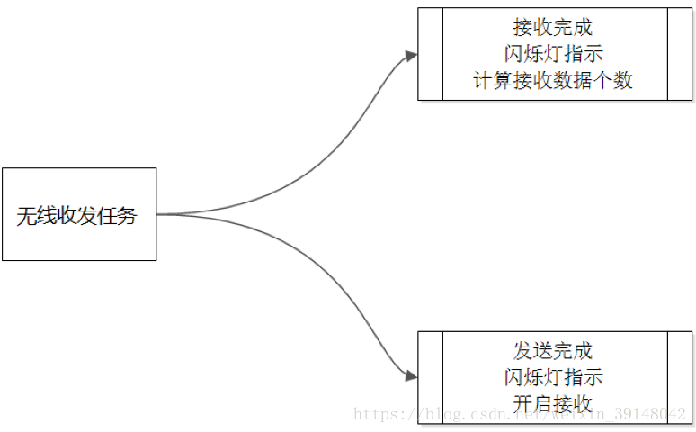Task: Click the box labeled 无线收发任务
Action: click(x=79, y=214)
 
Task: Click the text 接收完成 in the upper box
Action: click(x=553, y=28)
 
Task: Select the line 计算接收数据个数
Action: click(x=553, y=80)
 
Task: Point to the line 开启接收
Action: click(x=553, y=403)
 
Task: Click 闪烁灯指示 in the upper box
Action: click(x=553, y=54)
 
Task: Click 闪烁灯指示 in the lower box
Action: click(x=553, y=377)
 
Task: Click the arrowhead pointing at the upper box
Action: click(x=412, y=56)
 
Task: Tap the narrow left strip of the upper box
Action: click(x=431, y=54)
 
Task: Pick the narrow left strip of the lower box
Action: click(x=431, y=377)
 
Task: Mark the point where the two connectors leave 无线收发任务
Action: click(x=158, y=214)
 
